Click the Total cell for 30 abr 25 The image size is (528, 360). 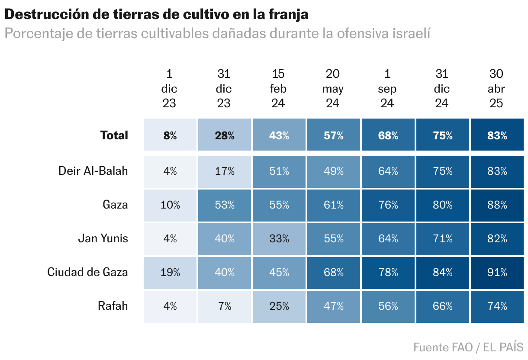[496, 135]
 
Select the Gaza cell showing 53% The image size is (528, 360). [224, 205]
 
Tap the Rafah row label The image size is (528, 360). [113, 306]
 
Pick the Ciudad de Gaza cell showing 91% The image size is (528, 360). [496, 273]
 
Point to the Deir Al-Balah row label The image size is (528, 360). [93, 171]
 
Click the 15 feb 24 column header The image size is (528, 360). [278, 89]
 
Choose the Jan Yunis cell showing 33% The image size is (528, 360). [279, 238]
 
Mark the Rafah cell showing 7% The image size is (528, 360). [224, 306]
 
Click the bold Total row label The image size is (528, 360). [114, 135]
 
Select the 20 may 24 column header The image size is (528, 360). [333, 89]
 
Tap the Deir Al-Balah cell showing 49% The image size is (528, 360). [333, 171]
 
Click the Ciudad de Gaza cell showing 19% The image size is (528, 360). [170, 273]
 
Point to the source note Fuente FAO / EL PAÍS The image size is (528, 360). [468, 347]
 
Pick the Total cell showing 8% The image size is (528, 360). [170, 135]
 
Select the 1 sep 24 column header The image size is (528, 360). [387, 89]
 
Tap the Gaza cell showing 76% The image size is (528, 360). [388, 205]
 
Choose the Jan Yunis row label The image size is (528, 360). [103, 238]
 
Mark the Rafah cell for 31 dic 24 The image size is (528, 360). [442, 306]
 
